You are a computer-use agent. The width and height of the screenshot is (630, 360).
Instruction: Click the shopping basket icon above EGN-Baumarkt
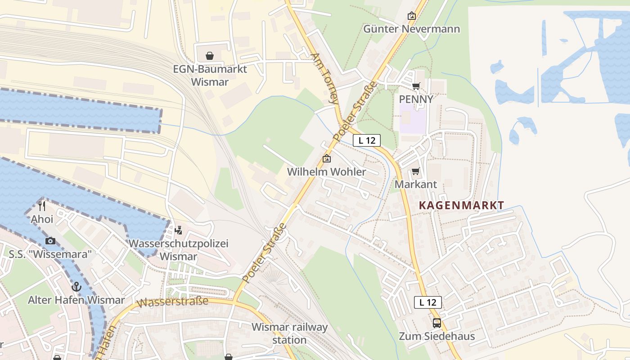click(210, 56)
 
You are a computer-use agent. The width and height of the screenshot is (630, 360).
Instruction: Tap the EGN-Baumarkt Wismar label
click(210, 76)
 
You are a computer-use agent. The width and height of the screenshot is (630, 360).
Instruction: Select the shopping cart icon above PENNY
click(416, 86)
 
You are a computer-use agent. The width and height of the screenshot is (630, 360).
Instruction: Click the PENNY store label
click(416, 99)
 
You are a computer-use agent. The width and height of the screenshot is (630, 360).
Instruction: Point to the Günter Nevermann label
click(411, 29)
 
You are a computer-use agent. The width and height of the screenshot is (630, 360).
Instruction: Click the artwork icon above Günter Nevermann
click(411, 16)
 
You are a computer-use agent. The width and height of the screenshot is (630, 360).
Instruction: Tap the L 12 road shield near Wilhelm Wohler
click(367, 140)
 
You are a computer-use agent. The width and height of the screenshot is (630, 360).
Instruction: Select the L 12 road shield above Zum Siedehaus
click(427, 302)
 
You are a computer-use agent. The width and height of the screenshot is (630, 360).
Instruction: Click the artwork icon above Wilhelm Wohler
click(327, 159)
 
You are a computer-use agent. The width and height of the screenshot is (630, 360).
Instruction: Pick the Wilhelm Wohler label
click(327, 172)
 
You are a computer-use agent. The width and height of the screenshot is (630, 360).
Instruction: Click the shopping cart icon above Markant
click(415, 171)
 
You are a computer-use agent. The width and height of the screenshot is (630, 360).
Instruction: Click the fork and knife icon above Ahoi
click(42, 206)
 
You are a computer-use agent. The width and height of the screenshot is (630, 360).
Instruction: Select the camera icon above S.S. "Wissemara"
click(50, 241)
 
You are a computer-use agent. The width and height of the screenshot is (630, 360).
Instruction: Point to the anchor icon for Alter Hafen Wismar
click(76, 287)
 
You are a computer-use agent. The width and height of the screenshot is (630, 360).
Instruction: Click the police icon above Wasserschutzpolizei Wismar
click(179, 230)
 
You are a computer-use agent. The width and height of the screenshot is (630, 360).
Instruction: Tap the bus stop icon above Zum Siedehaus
click(436, 323)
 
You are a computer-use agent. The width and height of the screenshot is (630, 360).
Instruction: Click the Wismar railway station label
click(289, 333)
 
